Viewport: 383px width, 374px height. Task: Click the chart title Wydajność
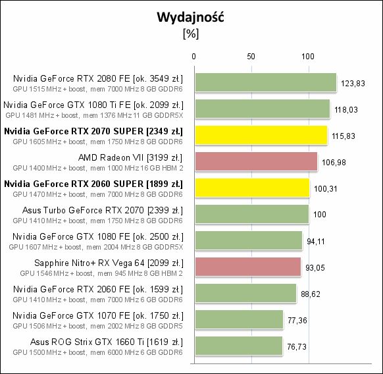(190, 18)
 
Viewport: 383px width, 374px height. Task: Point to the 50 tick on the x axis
(250, 57)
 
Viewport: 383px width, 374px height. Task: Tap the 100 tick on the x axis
(307, 57)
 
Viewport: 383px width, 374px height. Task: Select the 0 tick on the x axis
(193, 57)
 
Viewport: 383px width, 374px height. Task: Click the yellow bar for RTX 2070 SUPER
(260, 136)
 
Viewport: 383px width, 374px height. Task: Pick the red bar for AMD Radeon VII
(255, 162)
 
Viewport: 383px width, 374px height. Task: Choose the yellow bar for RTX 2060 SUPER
(251, 188)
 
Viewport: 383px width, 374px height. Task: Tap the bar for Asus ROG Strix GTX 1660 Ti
(238, 346)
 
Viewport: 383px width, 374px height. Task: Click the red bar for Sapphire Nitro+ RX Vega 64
(247, 267)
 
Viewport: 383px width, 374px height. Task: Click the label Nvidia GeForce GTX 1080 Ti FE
(93, 105)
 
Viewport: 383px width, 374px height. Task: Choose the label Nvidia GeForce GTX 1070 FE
(97, 315)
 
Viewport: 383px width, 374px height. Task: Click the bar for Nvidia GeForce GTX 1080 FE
(247, 241)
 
